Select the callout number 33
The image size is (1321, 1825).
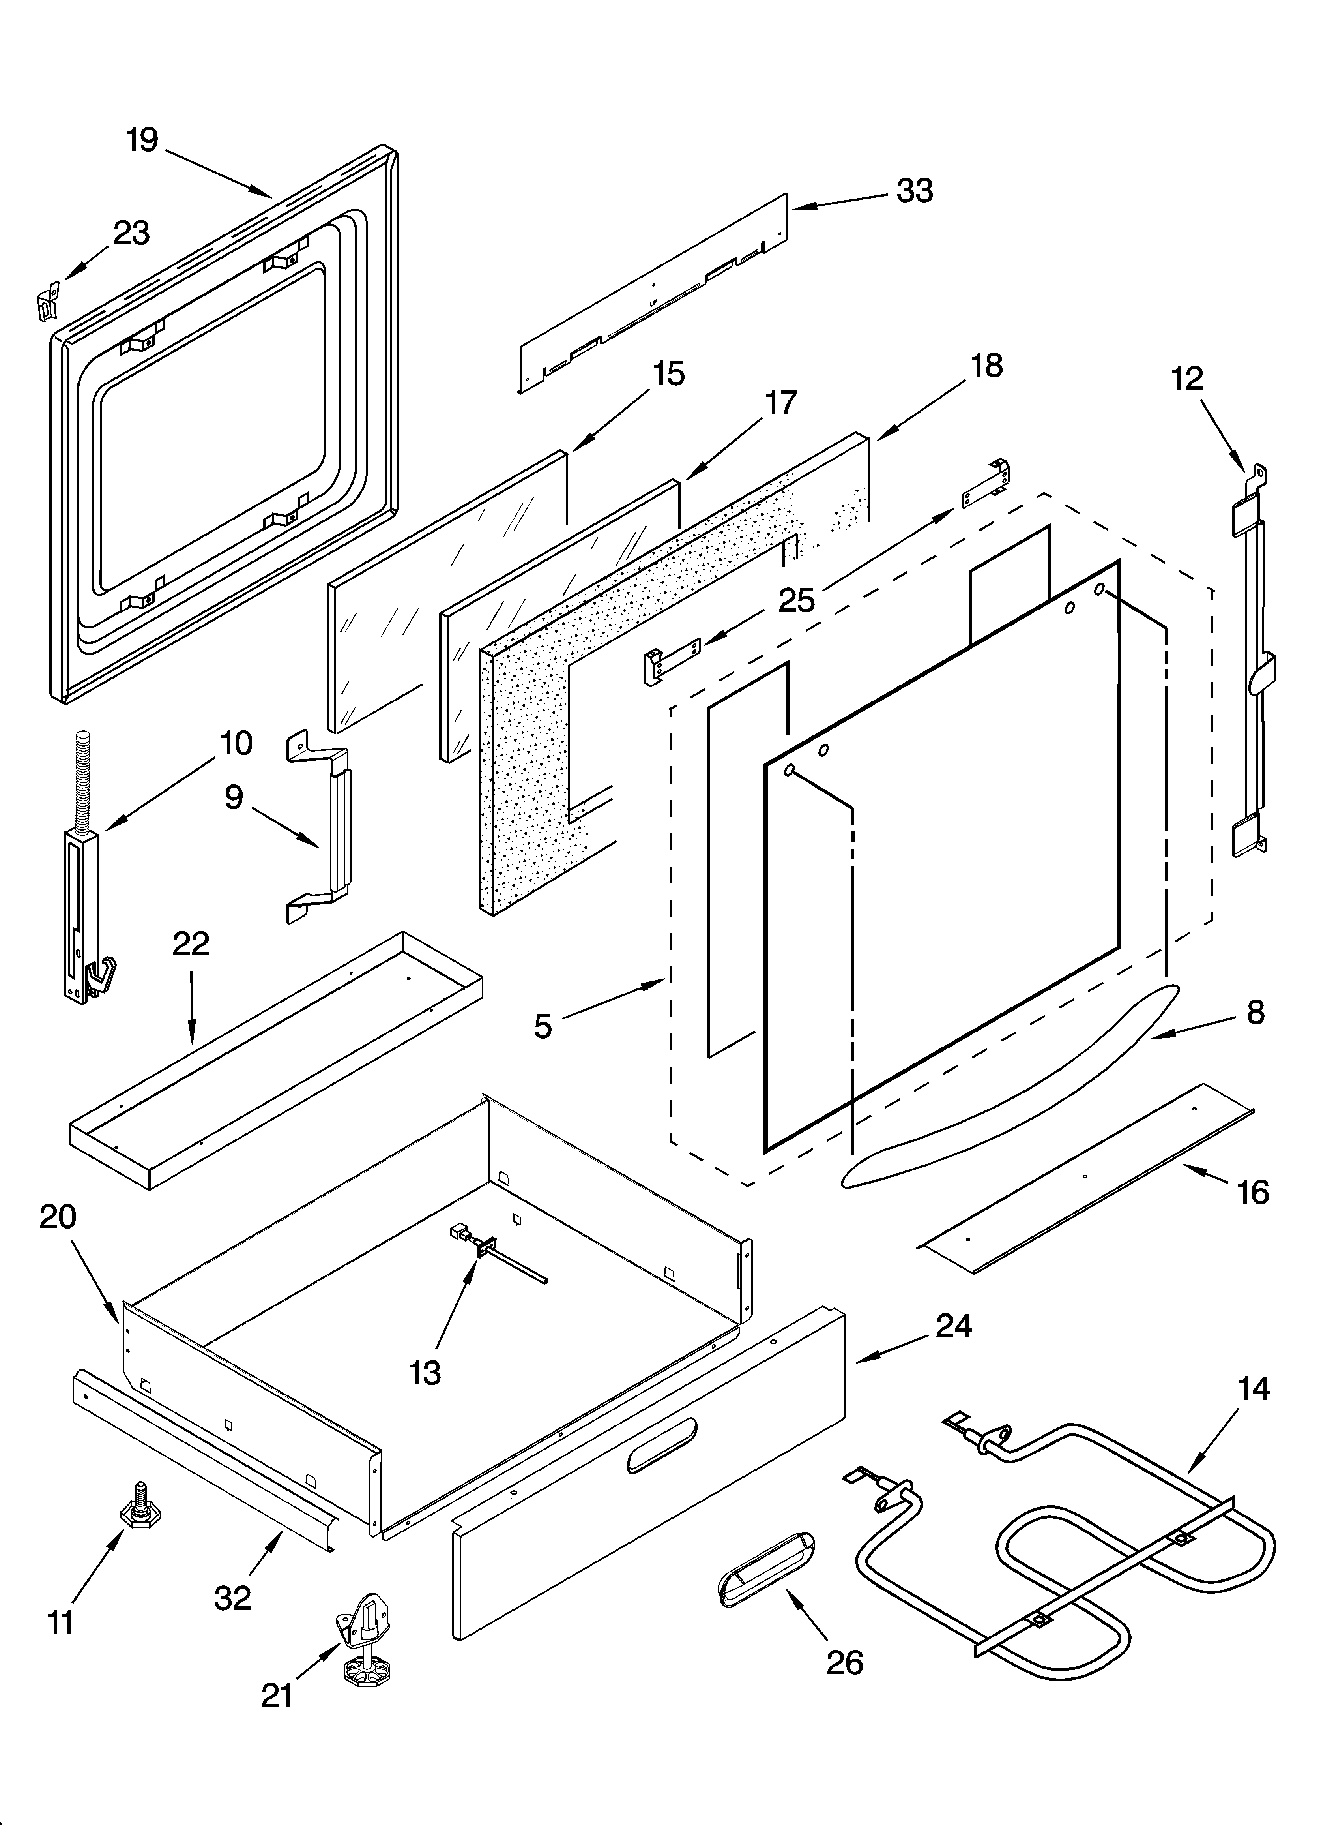(x=915, y=191)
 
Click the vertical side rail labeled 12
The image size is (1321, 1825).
(x=1250, y=668)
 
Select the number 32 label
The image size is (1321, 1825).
(x=232, y=1597)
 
